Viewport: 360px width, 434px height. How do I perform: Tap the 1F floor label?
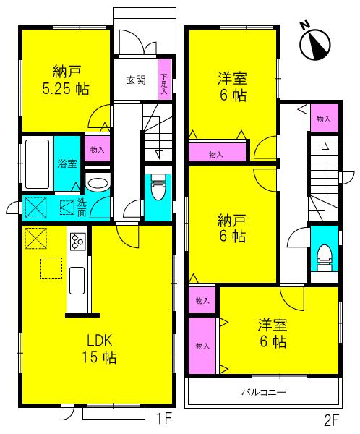[x=163, y=418]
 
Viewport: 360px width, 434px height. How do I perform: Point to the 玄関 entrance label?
[x=136, y=80]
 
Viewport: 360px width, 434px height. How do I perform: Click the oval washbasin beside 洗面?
[x=96, y=182]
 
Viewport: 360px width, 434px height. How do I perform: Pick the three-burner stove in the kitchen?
[x=77, y=242]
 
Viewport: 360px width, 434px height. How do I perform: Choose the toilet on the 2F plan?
[x=324, y=256]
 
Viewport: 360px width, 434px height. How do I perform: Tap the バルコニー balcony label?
[x=263, y=393]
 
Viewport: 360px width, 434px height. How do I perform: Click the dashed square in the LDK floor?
[x=51, y=268]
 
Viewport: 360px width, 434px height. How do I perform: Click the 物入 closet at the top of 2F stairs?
[x=323, y=118]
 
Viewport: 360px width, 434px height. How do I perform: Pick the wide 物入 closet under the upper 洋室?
[x=215, y=154]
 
